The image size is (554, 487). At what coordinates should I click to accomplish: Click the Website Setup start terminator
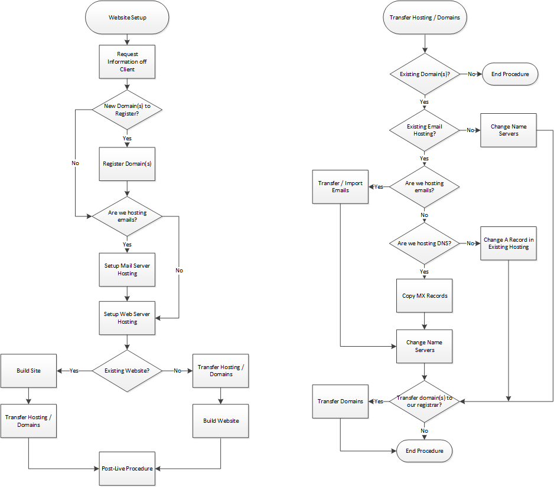127,18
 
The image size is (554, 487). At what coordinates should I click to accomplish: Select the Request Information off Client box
127,61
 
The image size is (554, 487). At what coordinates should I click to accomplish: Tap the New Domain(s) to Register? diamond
127,110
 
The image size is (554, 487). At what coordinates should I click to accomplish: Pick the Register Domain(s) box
127,163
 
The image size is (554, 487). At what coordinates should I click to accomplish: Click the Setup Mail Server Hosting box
127,269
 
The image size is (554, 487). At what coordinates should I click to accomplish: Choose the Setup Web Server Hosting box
127,318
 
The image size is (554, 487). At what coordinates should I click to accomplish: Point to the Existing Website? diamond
127,371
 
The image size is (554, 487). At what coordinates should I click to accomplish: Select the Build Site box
28,371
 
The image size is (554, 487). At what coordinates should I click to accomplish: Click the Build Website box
221,420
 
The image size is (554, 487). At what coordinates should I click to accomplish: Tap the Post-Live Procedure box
127,468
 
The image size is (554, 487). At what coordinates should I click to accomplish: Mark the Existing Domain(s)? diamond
425,74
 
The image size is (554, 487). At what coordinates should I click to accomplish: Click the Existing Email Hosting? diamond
425,130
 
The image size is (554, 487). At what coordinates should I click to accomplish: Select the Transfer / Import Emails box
341,186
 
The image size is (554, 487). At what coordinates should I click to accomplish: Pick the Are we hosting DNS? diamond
425,243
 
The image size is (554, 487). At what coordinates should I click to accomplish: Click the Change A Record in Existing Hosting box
509,243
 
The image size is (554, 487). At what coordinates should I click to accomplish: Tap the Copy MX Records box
425,295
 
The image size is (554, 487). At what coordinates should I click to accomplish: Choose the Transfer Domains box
341,402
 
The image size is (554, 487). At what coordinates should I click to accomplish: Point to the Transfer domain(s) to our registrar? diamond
425,402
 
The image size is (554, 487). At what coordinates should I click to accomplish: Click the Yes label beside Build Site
74,371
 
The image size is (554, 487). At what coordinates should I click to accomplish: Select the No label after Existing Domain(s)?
472,74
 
